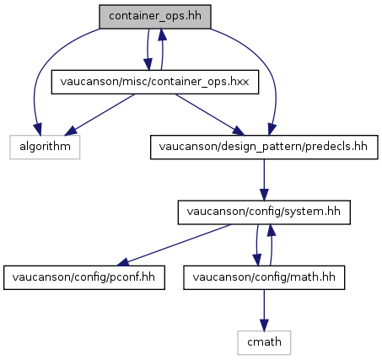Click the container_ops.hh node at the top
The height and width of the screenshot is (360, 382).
[x=155, y=17]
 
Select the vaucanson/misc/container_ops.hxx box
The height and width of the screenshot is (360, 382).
[x=155, y=82]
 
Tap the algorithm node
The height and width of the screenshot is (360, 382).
[x=45, y=147]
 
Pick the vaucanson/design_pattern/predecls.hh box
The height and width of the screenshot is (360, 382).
[x=264, y=147]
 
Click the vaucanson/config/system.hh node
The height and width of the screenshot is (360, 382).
[x=264, y=212]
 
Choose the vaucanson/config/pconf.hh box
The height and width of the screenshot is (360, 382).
[x=84, y=277]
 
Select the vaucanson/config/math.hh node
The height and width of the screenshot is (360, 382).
[x=264, y=277]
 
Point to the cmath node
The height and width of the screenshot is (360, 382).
[x=264, y=342]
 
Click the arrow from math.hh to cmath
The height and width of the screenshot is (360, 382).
[x=264, y=310]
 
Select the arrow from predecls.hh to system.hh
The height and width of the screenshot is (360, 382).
[x=264, y=180]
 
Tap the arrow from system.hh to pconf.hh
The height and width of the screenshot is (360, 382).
[x=175, y=244]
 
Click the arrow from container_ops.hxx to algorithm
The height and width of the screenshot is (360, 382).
[x=101, y=115]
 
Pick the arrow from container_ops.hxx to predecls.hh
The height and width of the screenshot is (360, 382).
[x=210, y=115]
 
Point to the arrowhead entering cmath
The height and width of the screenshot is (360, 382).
[x=264, y=325]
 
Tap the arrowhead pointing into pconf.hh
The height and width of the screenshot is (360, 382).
[x=123, y=262]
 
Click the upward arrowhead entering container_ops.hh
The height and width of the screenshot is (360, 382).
[x=162, y=35]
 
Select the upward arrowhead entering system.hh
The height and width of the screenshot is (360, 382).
[x=271, y=230]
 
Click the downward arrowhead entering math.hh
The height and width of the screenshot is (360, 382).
[x=257, y=260]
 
